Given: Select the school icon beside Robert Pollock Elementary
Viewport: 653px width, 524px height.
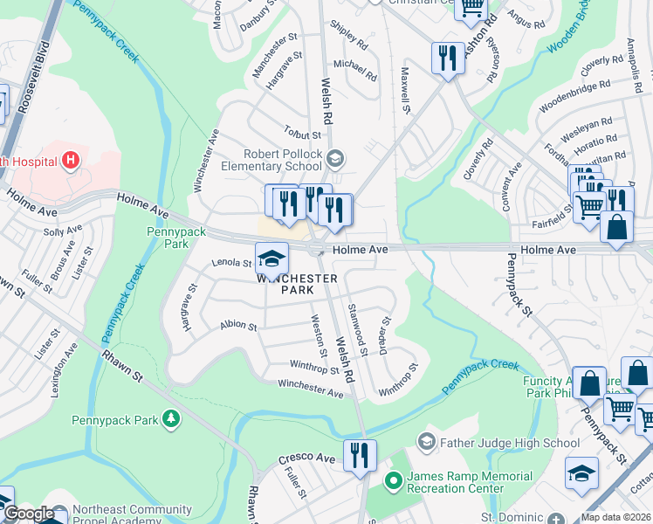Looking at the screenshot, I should click(x=337, y=158).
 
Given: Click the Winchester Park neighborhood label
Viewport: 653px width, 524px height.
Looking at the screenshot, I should click(x=297, y=284).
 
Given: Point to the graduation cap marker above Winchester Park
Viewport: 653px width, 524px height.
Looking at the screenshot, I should click(x=272, y=258).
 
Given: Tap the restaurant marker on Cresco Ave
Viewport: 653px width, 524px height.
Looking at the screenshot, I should click(x=359, y=455).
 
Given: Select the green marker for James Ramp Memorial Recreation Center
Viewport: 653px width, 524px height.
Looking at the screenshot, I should click(x=393, y=479).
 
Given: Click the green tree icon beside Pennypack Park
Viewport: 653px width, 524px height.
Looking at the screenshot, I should click(x=171, y=420).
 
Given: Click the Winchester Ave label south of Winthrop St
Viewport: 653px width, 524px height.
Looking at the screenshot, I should click(x=311, y=388).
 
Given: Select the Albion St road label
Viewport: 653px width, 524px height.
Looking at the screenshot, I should click(x=238, y=326).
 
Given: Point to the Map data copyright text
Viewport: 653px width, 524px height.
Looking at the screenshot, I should click(x=615, y=517).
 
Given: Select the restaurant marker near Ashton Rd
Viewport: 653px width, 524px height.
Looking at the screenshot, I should click(x=448, y=59).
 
